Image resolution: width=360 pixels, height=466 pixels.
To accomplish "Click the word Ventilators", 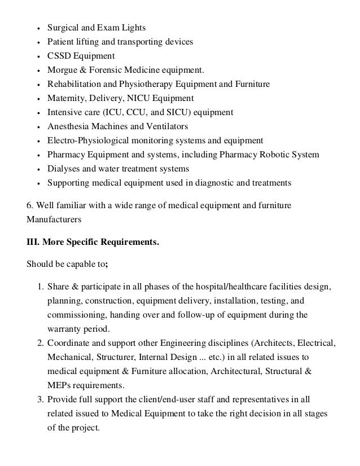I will [182, 126].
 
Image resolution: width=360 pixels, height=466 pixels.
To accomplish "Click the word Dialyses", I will [63, 169].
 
